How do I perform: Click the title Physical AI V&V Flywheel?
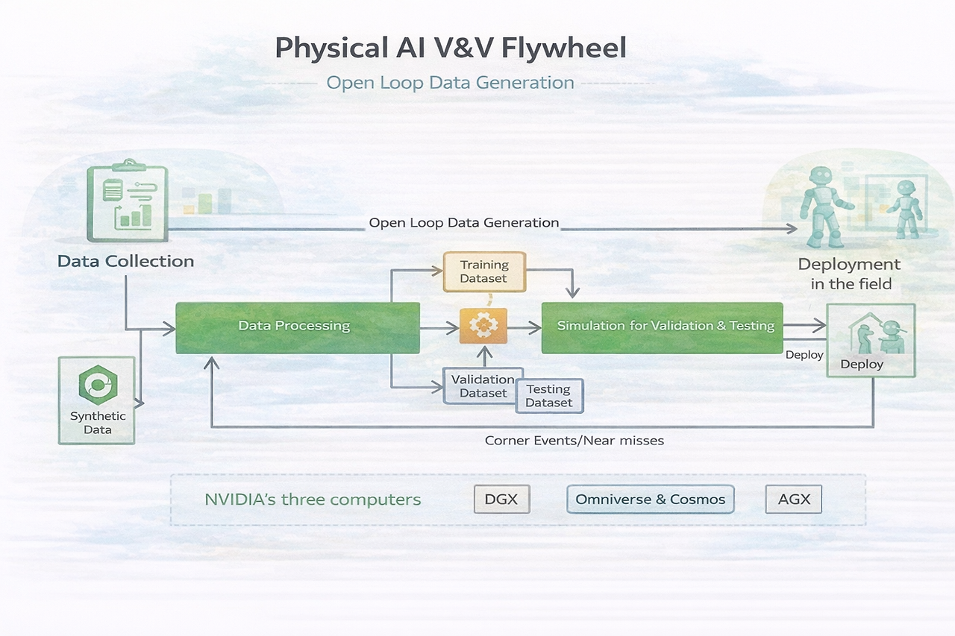(x=451, y=48)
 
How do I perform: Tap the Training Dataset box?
(x=484, y=271)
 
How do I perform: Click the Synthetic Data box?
(x=97, y=400)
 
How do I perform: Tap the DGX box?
(x=501, y=500)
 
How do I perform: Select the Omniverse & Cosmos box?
(x=651, y=500)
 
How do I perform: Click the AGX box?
(x=794, y=500)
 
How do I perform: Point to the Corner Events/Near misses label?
(x=574, y=441)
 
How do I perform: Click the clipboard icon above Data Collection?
(x=127, y=201)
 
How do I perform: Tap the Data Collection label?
(x=125, y=262)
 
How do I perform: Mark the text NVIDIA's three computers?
(x=313, y=500)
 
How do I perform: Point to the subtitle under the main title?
(x=451, y=83)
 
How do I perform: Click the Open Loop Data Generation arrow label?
(x=464, y=223)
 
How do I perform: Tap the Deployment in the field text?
(x=850, y=274)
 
